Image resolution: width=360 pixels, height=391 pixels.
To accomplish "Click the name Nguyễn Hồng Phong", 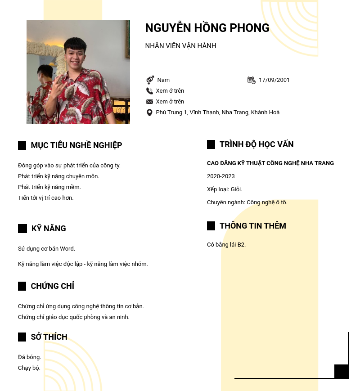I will (x=207, y=28).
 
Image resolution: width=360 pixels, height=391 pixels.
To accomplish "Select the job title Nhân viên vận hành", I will (x=180, y=46).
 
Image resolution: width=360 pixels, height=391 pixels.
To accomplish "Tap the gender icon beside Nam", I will (x=150, y=80).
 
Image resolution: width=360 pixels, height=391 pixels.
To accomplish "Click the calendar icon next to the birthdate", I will (x=251, y=80).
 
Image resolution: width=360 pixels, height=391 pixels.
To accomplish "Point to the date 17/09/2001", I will (x=274, y=80).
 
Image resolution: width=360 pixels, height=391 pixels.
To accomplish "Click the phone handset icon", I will (x=150, y=91).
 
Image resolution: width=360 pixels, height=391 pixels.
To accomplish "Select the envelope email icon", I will (x=150, y=102).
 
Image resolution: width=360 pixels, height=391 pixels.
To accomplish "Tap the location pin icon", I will (x=150, y=112).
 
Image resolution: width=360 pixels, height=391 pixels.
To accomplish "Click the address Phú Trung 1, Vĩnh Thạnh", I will (x=217, y=112).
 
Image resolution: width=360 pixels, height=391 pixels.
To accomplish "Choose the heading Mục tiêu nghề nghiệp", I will (x=76, y=145).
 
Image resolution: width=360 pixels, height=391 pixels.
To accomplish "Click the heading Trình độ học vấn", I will (x=256, y=144).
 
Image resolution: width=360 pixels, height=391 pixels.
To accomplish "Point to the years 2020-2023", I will (x=220, y=176).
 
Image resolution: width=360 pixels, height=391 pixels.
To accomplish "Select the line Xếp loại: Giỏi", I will (x=225, y=189).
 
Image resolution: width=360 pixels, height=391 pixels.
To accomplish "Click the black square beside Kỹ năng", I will (x=22, y=229).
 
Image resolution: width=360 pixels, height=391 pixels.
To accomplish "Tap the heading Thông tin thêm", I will (x=253, y=226).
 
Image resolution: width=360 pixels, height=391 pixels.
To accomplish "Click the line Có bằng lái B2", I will (x=226, y=245).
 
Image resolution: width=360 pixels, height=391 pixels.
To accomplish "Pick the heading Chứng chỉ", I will (x=52, y=286).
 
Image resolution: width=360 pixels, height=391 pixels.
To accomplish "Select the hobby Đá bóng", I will (x=30, y=357).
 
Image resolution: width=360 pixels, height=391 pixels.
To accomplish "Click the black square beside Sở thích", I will (x=22, y=337).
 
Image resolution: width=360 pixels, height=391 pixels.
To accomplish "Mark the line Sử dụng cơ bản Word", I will (x=46, y=249).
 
